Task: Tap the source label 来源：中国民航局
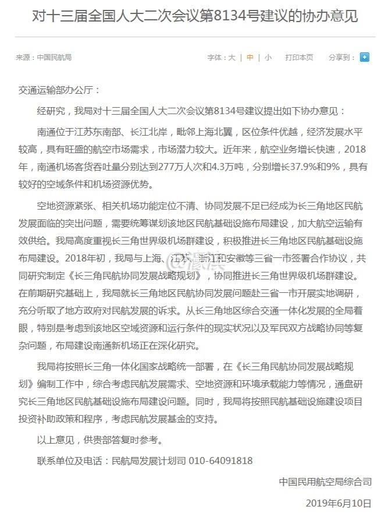coord(44,58)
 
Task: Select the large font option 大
coord(231,58)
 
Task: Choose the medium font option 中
coord(250,58)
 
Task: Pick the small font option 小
coord(268,58)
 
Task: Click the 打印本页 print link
coord(299,58)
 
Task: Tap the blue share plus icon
coord(365,57)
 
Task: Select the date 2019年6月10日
coord(338,503)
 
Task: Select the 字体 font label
coord(215,58)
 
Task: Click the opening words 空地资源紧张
coord(65,206)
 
